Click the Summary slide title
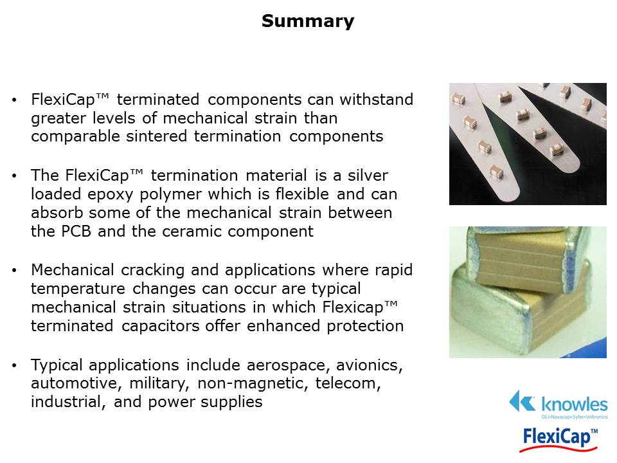[308, 21]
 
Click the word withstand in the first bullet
[377, 99]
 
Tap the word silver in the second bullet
[368, 175]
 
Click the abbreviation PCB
[76, 231]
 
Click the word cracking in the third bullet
[153, 271]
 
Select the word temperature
[78, 289]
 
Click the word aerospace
[289, 366]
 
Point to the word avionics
[370, 365]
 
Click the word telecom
[348, 383]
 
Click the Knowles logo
[559, 404]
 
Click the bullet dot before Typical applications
[15, 366]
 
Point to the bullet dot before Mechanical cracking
[15, 271]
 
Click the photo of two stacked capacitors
[528, 292]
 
